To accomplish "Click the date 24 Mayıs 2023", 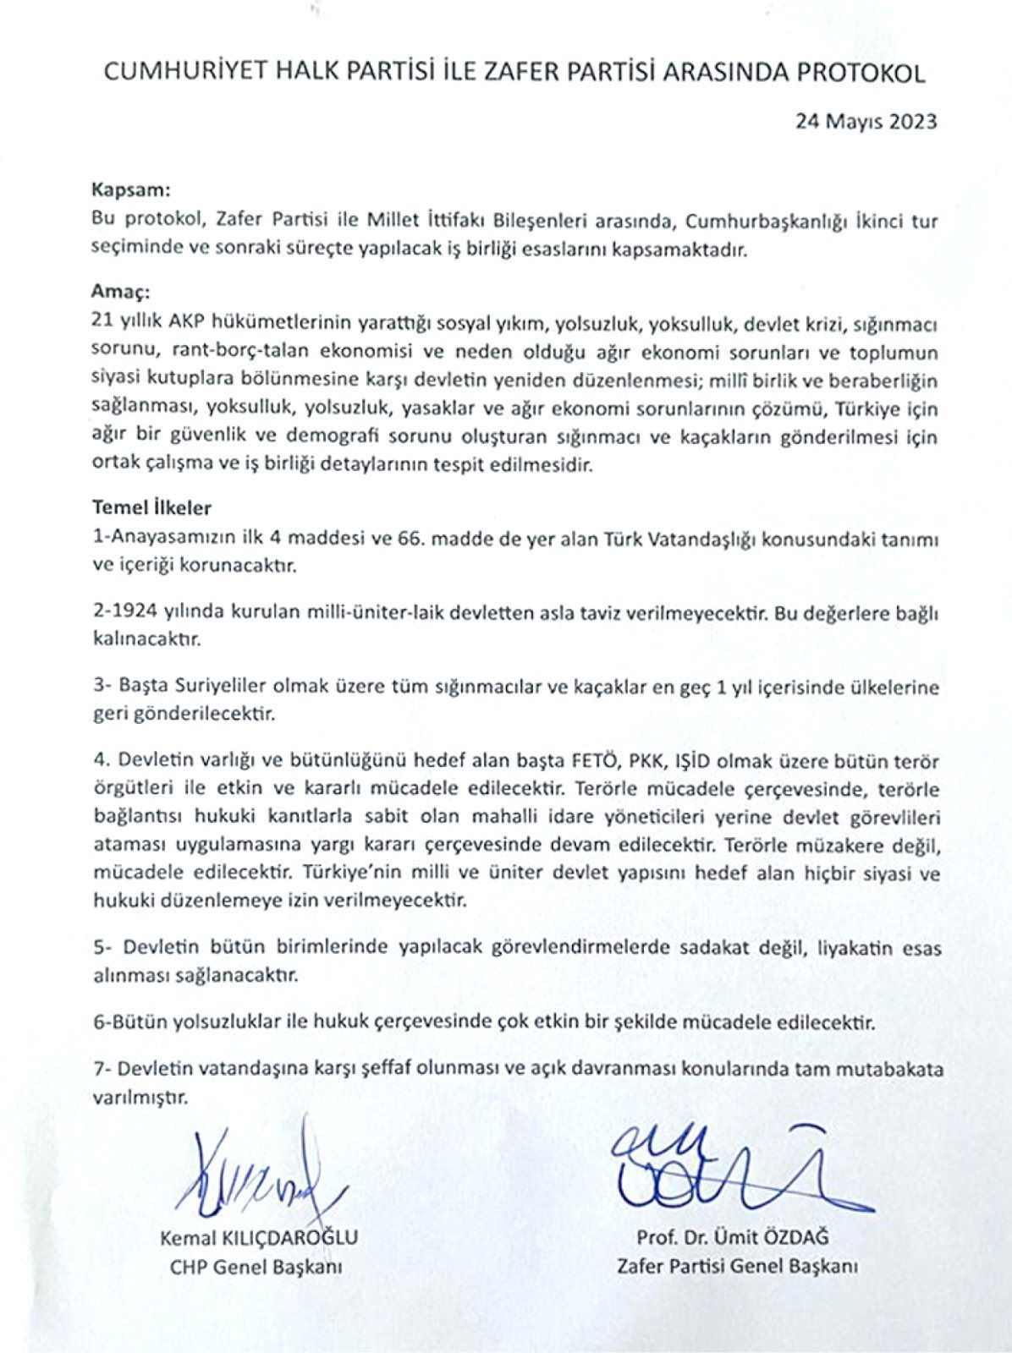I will click(x=866, y=121).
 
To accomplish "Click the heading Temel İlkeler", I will click(x=151, y=508).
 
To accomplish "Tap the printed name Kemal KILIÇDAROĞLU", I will click(x=258, y=1238).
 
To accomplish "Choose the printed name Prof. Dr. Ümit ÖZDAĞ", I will click(x=733, y=1238).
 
